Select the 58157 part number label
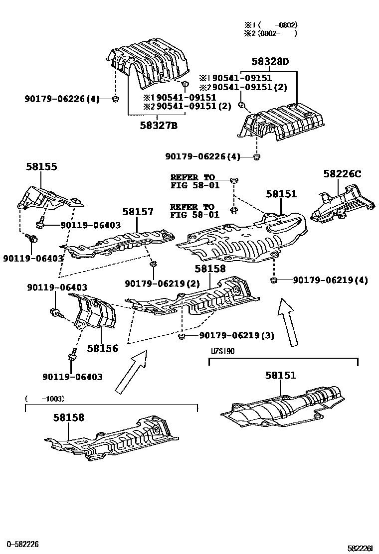coord(138,212)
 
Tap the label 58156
coord(102,348)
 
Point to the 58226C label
coord(342,174)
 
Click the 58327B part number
coord(158,126)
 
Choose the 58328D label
coord(270,62)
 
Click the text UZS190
coord(222,351)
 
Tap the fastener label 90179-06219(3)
coord(237,335)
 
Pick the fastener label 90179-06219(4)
coord(330,280)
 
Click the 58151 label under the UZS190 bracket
coord(281,376)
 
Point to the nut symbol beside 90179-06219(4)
coord(274,280)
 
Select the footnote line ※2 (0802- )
coord(270,33)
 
